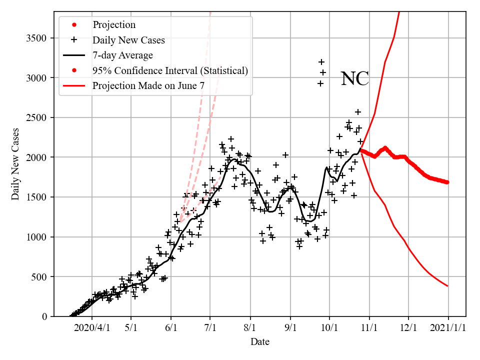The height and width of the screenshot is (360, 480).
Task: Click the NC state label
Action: [354, 79]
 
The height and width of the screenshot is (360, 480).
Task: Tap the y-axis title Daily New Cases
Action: [15, 164]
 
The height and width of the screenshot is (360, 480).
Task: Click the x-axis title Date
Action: [259, 342]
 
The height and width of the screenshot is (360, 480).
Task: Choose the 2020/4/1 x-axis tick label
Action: [91, 328]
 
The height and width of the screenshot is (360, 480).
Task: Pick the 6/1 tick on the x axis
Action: [171, 328]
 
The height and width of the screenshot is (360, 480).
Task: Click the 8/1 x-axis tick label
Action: [250, 328]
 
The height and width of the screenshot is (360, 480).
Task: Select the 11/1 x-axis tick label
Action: [369, 328]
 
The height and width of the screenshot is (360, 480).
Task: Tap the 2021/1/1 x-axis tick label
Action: [448, 328]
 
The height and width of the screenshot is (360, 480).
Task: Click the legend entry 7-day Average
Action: [122, 55]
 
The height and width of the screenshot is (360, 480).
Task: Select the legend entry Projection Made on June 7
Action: [148, 86]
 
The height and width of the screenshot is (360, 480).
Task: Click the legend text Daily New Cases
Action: [128, 39]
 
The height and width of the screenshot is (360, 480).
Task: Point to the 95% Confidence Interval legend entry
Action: [170, 70]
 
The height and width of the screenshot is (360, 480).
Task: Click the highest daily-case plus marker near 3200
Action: [321, 62]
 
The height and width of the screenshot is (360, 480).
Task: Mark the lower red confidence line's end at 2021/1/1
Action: [447, 286]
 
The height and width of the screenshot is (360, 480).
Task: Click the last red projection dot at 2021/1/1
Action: [447, 182]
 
